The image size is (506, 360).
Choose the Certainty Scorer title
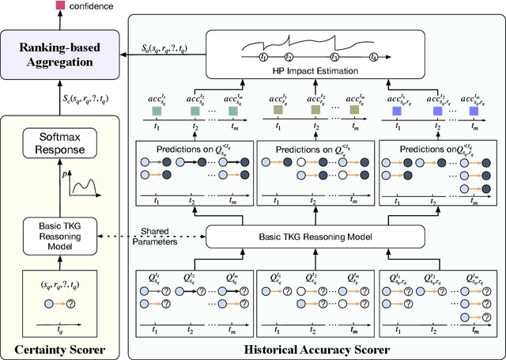[61, 348]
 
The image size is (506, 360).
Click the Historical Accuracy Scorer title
[317, 348]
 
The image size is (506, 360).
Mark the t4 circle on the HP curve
[375, 57]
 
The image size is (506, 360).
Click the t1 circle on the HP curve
[263, 57]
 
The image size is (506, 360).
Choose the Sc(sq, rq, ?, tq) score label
[87, 100]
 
